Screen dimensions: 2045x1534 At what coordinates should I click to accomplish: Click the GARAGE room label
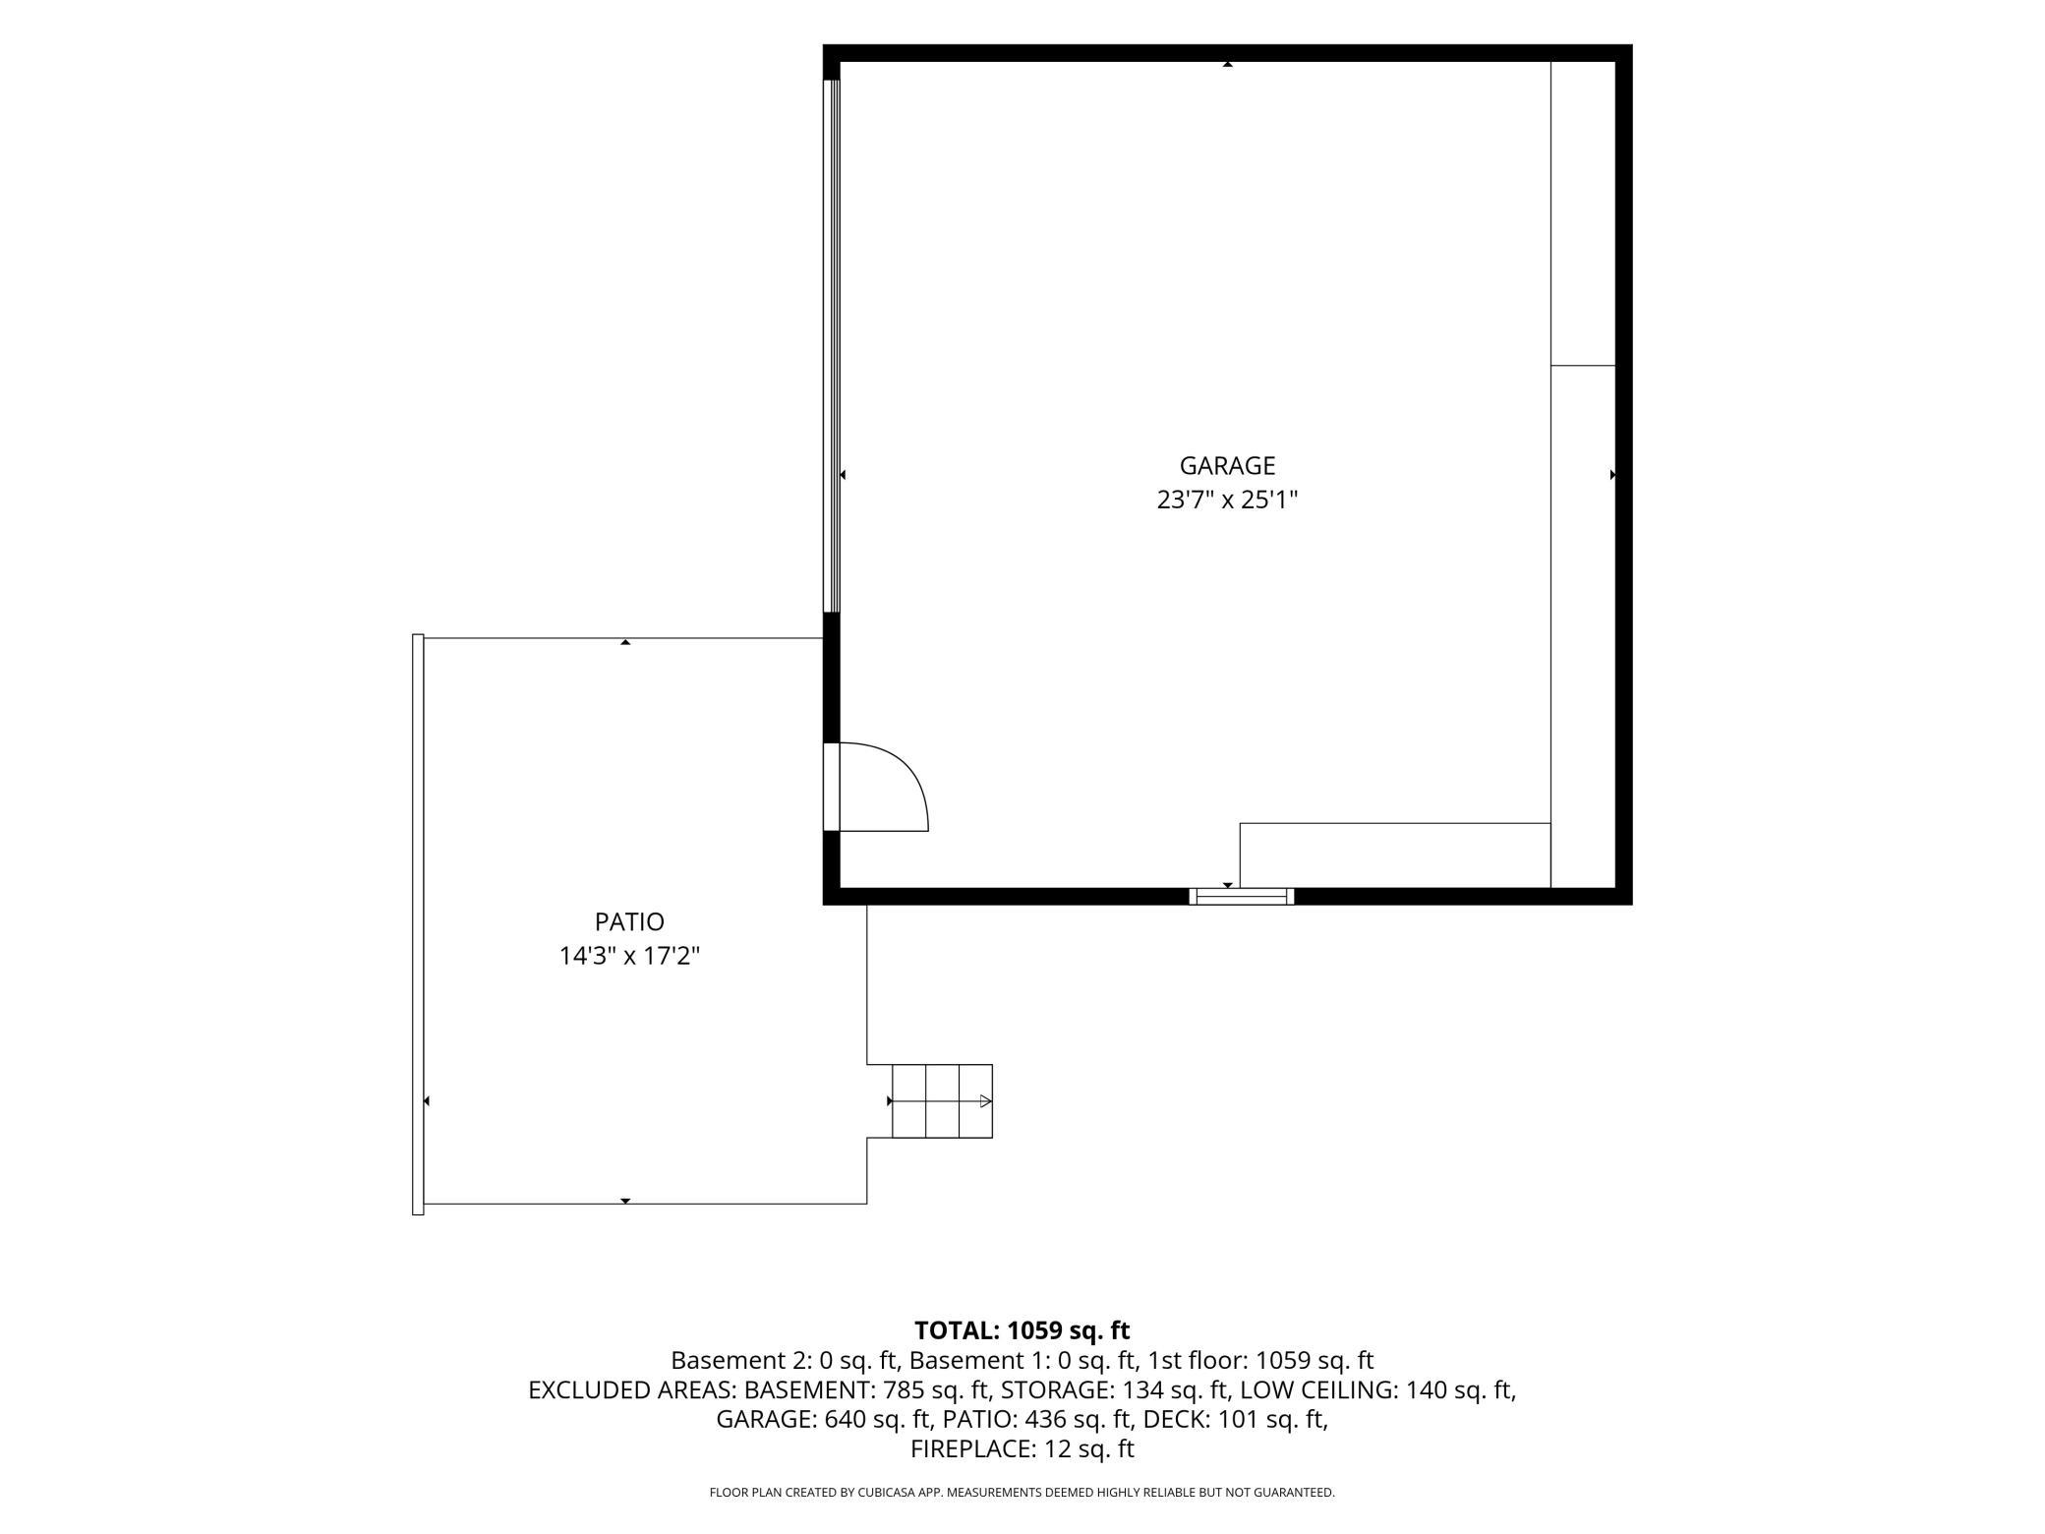pyautogui.click(x=1227, y=465)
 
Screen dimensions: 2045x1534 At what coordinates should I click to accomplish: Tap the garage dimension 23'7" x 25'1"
pyautogui.click(x=1227, y=500)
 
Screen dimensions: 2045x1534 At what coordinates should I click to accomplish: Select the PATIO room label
pyautogui.click(x=629, y=921)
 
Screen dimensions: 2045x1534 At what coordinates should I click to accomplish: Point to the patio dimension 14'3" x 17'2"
pyautogui.click(x=629, y=956)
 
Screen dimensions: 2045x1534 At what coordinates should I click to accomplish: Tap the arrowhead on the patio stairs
pyautogui.click(x=986, y=1101)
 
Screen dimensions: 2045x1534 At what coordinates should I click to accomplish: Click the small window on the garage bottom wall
pyautogui.click(x=1241, y=896)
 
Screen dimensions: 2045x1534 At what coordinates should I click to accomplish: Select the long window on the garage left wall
pyautogui.click(x=832, y=346)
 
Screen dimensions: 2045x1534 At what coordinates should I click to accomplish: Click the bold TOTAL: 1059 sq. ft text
pyautogui.click(x=1022, y=1330)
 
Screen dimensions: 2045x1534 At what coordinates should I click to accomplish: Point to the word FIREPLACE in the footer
pyautogui.click(x=968, y=1448)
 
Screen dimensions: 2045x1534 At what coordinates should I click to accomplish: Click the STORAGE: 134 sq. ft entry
pyautogui.click(x=1115, y=1390)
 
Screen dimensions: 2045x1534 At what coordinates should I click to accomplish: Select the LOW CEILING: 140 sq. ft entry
pyautogui.click(x=1377, y=1390)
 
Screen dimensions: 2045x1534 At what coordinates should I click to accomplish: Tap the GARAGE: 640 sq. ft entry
pyautogui.click(x=824, y=1419)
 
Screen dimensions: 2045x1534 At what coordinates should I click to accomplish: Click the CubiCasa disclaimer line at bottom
pyautogui.click(x=1022, y=1492)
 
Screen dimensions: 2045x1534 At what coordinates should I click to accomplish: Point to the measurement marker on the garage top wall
pyautogui.click(x=1227, y=65)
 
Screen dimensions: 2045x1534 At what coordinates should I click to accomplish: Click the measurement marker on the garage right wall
pyautogui.click(x=1613, y=475)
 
